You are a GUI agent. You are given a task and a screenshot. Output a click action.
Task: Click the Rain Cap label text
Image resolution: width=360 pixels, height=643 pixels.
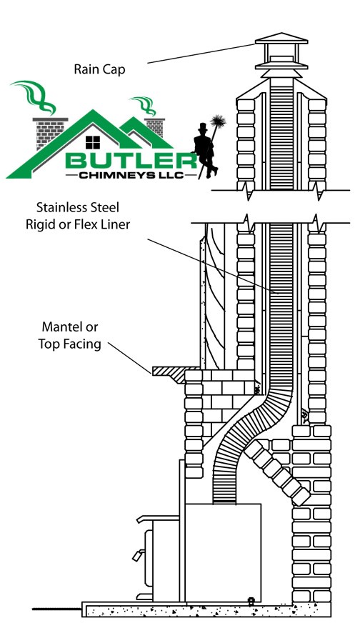click(99, 69)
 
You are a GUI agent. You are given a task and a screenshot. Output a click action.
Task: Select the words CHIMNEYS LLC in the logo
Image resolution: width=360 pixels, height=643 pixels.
click(130, 176)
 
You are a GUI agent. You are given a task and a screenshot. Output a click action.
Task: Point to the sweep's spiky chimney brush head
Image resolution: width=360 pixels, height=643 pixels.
click(217, 122)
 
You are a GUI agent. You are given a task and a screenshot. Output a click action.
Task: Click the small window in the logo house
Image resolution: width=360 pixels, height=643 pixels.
click(93, 142)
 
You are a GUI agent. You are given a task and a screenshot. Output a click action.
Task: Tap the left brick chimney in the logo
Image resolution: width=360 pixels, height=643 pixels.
click(49, 132)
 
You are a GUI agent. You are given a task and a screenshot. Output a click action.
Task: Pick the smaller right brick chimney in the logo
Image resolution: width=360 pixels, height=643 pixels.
click(155, 127)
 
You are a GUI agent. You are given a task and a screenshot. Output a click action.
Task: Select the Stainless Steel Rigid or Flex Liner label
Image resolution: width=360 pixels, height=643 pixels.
click(78, 215)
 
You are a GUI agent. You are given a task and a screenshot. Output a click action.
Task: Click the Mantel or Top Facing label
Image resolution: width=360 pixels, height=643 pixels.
click(70, 336)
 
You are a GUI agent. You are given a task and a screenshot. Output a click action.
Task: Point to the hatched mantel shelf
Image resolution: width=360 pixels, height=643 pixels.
click(170, 373)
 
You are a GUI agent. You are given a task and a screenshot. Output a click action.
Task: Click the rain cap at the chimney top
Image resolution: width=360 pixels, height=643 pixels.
click(281, 55)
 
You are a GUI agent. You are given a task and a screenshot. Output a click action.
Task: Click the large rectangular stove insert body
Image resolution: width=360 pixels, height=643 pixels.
click(223, 552)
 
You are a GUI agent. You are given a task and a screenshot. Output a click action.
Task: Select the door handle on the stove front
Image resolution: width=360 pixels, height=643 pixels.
click(138, 555)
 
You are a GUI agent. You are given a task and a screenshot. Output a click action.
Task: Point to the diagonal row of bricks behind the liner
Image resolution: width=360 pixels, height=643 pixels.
click(277, 472)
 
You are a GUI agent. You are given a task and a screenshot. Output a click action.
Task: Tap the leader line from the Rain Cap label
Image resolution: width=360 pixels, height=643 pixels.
click(201, 54)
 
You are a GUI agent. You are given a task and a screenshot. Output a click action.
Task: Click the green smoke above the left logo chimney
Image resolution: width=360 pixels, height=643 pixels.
click(34, 96)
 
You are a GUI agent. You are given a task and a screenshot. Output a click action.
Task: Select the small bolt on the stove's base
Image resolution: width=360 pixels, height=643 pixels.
click(251, 601)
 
